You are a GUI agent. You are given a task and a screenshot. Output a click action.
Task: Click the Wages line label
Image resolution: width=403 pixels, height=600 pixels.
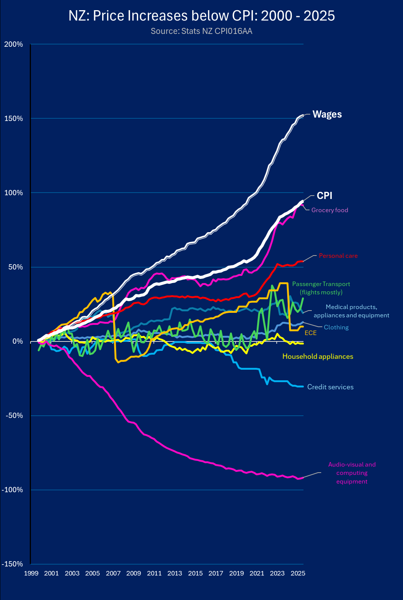click(x=327, y=115)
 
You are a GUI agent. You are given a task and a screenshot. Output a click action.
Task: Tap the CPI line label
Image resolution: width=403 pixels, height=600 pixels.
click(x=324, y=196)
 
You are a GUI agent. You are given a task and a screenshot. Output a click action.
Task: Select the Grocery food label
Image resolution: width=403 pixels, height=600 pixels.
click(x=329, y=210)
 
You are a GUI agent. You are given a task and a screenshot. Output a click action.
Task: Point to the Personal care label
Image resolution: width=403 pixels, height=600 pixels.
click(x=338, y=256)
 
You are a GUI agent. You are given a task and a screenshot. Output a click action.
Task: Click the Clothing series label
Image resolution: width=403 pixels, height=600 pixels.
click(x=336, y=328)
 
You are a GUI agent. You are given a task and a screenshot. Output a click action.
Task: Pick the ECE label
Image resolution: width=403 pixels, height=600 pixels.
click(x=310, y=333)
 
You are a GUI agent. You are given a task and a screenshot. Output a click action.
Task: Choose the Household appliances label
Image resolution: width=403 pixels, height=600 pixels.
click(x=317, y=357)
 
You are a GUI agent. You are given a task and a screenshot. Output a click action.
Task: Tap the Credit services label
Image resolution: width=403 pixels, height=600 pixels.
click(x=330, y=387)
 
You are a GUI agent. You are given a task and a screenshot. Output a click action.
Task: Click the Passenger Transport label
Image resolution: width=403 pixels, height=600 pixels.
click(x=321, y=288)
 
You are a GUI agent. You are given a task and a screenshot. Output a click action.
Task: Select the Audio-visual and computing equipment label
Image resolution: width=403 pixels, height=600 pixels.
click(x=352, y=473)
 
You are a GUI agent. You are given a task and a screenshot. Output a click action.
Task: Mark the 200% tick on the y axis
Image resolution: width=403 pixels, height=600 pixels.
click(x=14, y=44)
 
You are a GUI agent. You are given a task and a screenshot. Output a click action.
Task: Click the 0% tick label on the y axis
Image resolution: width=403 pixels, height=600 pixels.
click(x=17, y=341)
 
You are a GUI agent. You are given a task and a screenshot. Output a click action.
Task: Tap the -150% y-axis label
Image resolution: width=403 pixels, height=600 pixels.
click(x=12, y=564)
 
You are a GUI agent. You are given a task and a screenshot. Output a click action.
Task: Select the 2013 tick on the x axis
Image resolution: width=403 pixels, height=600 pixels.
click(x=175, y=573)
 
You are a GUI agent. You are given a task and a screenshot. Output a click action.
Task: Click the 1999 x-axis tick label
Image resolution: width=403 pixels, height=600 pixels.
click(x=31, y=573)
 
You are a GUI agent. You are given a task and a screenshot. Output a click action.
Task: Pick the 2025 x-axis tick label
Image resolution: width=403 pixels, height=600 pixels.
click(x=298, y=573)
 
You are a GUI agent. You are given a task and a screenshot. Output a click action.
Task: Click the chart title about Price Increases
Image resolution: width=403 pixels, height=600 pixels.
click(x=201, y=16)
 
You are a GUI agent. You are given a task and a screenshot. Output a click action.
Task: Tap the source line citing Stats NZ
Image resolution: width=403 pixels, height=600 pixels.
click(x=201, y=31)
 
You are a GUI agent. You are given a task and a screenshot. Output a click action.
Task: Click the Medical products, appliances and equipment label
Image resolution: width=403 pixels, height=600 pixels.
click(x=351, y=311)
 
